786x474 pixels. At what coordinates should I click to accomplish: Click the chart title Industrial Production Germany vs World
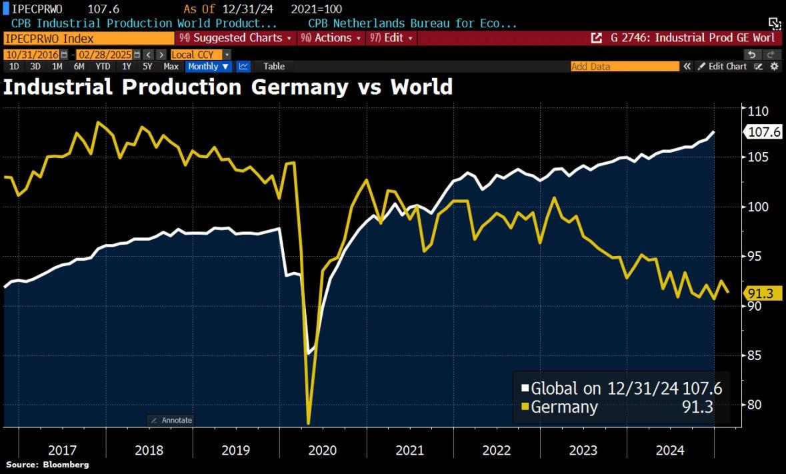(228, 87)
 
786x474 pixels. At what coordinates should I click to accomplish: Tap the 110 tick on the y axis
(759, 111)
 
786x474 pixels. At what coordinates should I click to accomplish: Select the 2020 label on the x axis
(323, 450)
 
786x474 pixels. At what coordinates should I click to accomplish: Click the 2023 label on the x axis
(583, 450)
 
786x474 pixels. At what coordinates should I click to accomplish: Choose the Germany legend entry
(563, 407)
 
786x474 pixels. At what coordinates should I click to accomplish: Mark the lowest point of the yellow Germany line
(309, 423)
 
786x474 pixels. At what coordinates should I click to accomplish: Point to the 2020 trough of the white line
(308, 353)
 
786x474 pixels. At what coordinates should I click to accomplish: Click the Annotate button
(171, 420)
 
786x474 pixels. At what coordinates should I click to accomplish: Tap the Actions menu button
(331, 38)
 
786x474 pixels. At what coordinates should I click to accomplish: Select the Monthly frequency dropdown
(209, 66)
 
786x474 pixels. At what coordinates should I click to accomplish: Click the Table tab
(274, 66)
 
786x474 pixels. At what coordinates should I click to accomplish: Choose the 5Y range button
(148, 66)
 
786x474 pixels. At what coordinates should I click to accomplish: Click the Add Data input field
(624, 66)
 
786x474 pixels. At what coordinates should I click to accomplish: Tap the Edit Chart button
(723, 66)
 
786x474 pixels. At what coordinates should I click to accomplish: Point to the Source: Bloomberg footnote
(47, 464)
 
